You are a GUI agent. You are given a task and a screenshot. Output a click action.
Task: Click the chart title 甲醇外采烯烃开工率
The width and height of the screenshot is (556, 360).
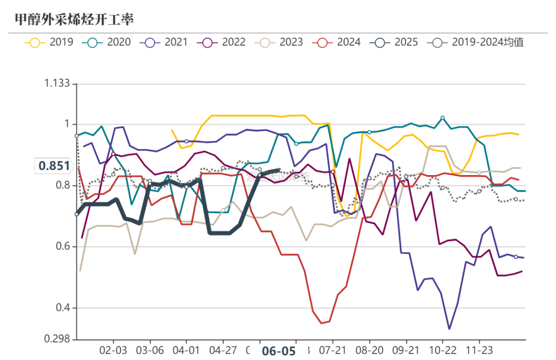point(74,20)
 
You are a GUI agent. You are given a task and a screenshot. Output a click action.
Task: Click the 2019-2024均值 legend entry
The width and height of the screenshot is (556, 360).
point(476,42)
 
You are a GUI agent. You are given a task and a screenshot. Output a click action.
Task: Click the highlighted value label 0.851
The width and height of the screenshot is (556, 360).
point(53,166)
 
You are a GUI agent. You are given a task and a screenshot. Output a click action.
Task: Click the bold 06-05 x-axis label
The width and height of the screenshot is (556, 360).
point(279,351)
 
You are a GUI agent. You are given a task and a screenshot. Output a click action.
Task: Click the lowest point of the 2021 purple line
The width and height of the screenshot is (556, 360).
point(449,329)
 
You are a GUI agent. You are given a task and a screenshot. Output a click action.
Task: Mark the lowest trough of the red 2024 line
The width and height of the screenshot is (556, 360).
point(321,323)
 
